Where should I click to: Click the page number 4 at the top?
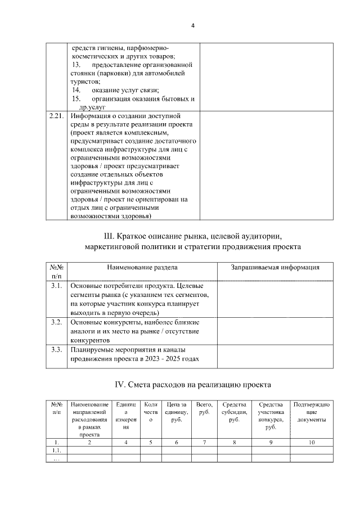click(192, 26)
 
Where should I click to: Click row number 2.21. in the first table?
click(55, 116)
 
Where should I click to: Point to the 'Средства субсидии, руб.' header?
click(235, 412)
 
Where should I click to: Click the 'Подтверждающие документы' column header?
click(311, 412)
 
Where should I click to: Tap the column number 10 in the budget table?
click(311, 443)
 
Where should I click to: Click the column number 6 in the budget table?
click(177, 443)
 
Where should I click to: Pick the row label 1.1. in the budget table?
click(56, 451)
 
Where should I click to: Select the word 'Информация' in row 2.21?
click(89, 116)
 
